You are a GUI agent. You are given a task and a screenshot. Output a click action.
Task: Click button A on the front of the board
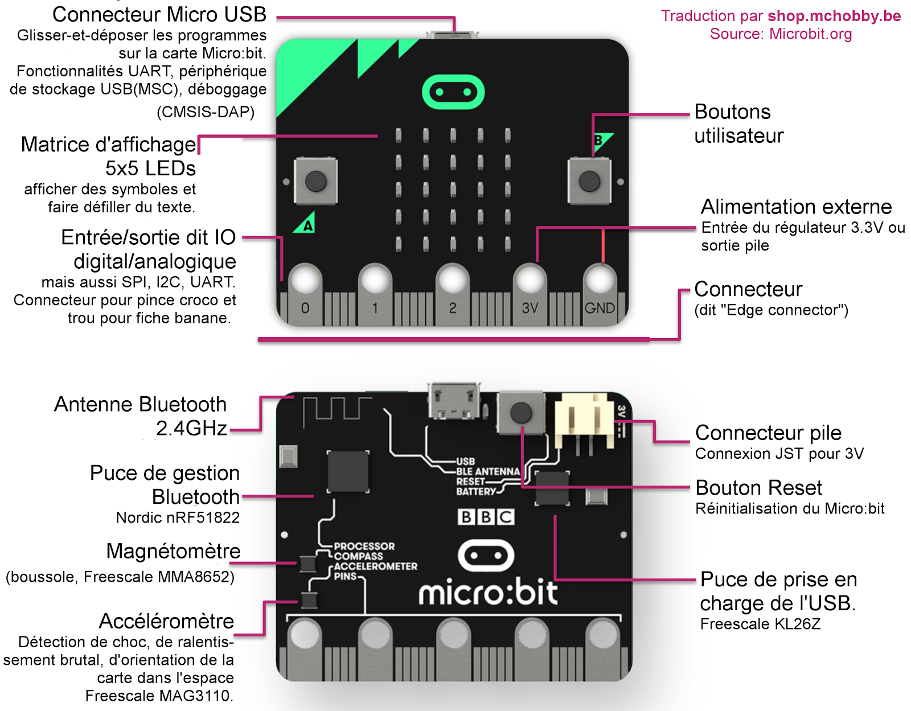click(x=315, y=182)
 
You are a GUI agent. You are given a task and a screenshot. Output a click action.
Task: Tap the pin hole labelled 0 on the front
click(x=306, y=280)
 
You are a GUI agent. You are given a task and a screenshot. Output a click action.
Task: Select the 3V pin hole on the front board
click(x=530, y=280)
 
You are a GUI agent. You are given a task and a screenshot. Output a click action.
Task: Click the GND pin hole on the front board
click(x=600, y=280)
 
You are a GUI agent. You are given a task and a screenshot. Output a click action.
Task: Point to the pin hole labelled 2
click(x=453, y=280)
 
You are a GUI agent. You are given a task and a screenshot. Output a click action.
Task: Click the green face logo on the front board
click(x=453, y=92)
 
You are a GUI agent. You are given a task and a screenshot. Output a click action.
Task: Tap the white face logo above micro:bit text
click(x=486, y=556)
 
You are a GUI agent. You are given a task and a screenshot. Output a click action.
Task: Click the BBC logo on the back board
click(x=486, y=516)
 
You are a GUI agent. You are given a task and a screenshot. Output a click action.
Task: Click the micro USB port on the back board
click(x=454, y=401)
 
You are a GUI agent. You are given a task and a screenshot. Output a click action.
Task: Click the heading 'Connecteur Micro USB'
click(x=159, y=14)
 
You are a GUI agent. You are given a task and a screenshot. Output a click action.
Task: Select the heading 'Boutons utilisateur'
click(x=738, y=124)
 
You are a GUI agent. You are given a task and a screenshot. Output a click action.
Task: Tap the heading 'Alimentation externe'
click(x=796, y=207)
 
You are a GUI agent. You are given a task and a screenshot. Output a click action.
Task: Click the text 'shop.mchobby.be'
click(x=834, y=16)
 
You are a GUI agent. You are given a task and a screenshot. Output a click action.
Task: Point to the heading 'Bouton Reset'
click(x=759, y=488)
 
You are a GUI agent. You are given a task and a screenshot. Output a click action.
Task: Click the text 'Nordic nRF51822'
click(x=178, y=517)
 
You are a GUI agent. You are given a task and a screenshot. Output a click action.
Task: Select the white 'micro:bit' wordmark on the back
click(x=488, y=593)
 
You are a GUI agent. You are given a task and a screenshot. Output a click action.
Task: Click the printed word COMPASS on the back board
click(x=358, y=556)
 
